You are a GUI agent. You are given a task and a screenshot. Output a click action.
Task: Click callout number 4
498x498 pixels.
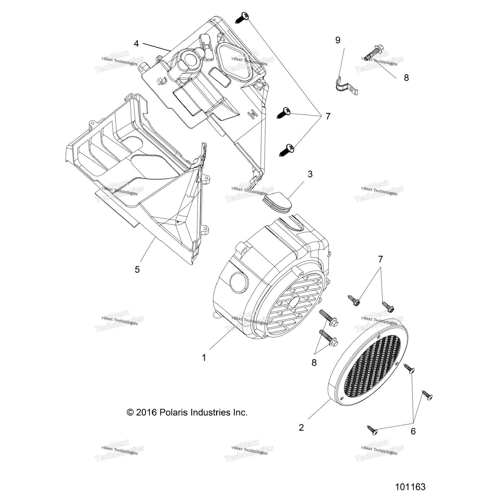tap(136, 43)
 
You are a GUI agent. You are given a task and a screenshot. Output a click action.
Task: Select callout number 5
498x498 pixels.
tap(137, 269)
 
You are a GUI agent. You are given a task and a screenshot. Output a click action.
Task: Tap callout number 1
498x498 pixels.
tap(204, 358)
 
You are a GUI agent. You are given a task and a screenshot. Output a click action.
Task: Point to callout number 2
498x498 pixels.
tap(301, 427)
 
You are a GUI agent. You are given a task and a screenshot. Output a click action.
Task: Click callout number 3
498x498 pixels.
tap(310, 174)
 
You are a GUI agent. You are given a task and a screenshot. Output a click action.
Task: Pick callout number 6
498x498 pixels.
tap(413, 431)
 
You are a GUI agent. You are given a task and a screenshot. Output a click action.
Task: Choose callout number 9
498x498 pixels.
tap(338, 41)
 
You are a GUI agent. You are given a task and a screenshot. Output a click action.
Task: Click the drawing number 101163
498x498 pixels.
tap(410, 487)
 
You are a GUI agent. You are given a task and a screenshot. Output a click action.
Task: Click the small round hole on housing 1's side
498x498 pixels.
tap(238, 282)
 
